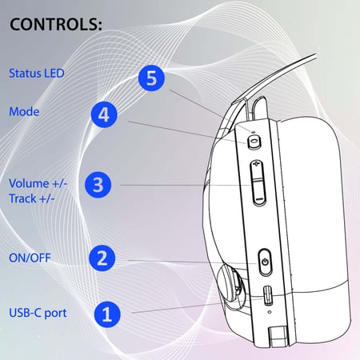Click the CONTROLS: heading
click(x=56, y=24)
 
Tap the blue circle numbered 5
click(x=151, y=78)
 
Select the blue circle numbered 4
click(x=104, y=114)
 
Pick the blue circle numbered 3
click(x=98, y=185)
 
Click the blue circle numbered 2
click(x=102, y=258)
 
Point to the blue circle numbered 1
click(x=107, y=314)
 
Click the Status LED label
click(x=37, y=74)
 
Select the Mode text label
click(x=24, y=111)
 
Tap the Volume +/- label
click(x=38, y=184)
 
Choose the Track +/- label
click(x=32, y=198)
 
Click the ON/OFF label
click(x=30, y=258)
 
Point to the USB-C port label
click(x=38, y=313)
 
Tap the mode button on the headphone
click(x=254, y=142)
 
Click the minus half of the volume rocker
click(x=258, y=193)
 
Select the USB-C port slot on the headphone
click(x=268, y=296)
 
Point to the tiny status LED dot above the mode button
click(x=253, y=132)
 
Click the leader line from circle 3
click(x=186, y=186)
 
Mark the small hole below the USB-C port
click(x=270, y=311)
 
